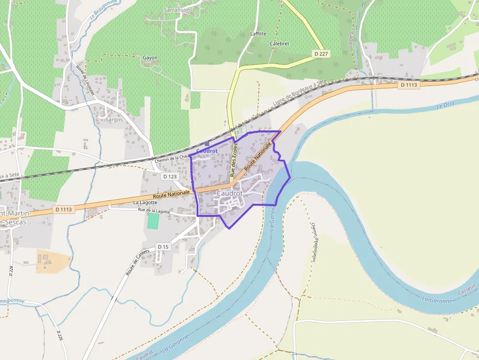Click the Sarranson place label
[x=177, y=10]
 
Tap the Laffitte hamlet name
[x=258, y=34]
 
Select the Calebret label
[x=280, y=43]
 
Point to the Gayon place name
[x=150, y=58]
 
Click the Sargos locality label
[x=114, y=119]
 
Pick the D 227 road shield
[x=321, y=53]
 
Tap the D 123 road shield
[x=170, y=176]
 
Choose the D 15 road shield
[x=163, y=247]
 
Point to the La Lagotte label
[x=145, y=202]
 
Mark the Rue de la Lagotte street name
[x=154, y=211]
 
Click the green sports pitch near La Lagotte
[x=153, y=221]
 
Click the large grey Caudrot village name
[x=230, y=193]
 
